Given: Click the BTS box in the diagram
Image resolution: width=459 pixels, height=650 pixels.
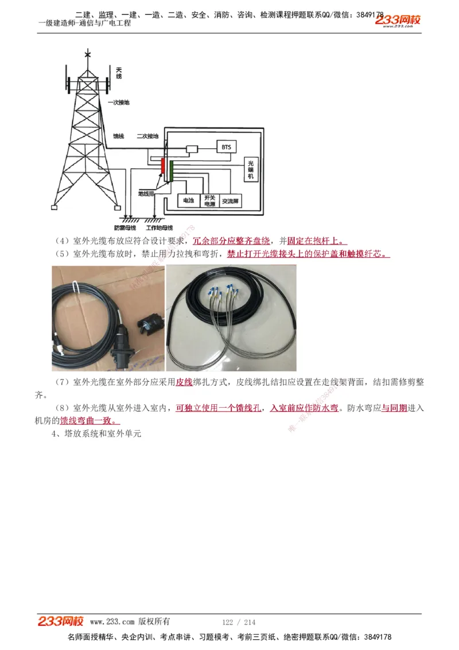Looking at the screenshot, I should (x=226, y=147).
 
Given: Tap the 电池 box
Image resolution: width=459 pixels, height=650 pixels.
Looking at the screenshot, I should (x=188, y=201).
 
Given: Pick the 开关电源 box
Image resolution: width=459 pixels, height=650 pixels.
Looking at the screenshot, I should (x=209, y=200).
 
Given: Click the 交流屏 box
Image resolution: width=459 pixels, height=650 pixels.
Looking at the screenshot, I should (x=231, y=202).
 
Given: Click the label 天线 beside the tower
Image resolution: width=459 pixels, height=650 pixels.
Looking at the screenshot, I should (x=119, y=72).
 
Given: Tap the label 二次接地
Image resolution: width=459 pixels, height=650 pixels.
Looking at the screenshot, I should (x=147, y=137).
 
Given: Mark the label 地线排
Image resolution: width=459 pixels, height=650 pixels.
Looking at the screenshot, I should (x=146, y=194).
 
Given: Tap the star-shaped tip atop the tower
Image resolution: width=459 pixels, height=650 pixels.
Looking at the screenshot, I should (x=88, y=55).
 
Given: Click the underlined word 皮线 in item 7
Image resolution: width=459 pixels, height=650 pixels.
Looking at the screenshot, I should (x=184, y=382).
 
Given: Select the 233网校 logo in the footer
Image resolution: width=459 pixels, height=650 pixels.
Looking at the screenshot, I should (x=61, y=621).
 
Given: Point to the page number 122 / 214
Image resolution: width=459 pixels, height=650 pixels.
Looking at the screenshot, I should (x=238, y=622).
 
